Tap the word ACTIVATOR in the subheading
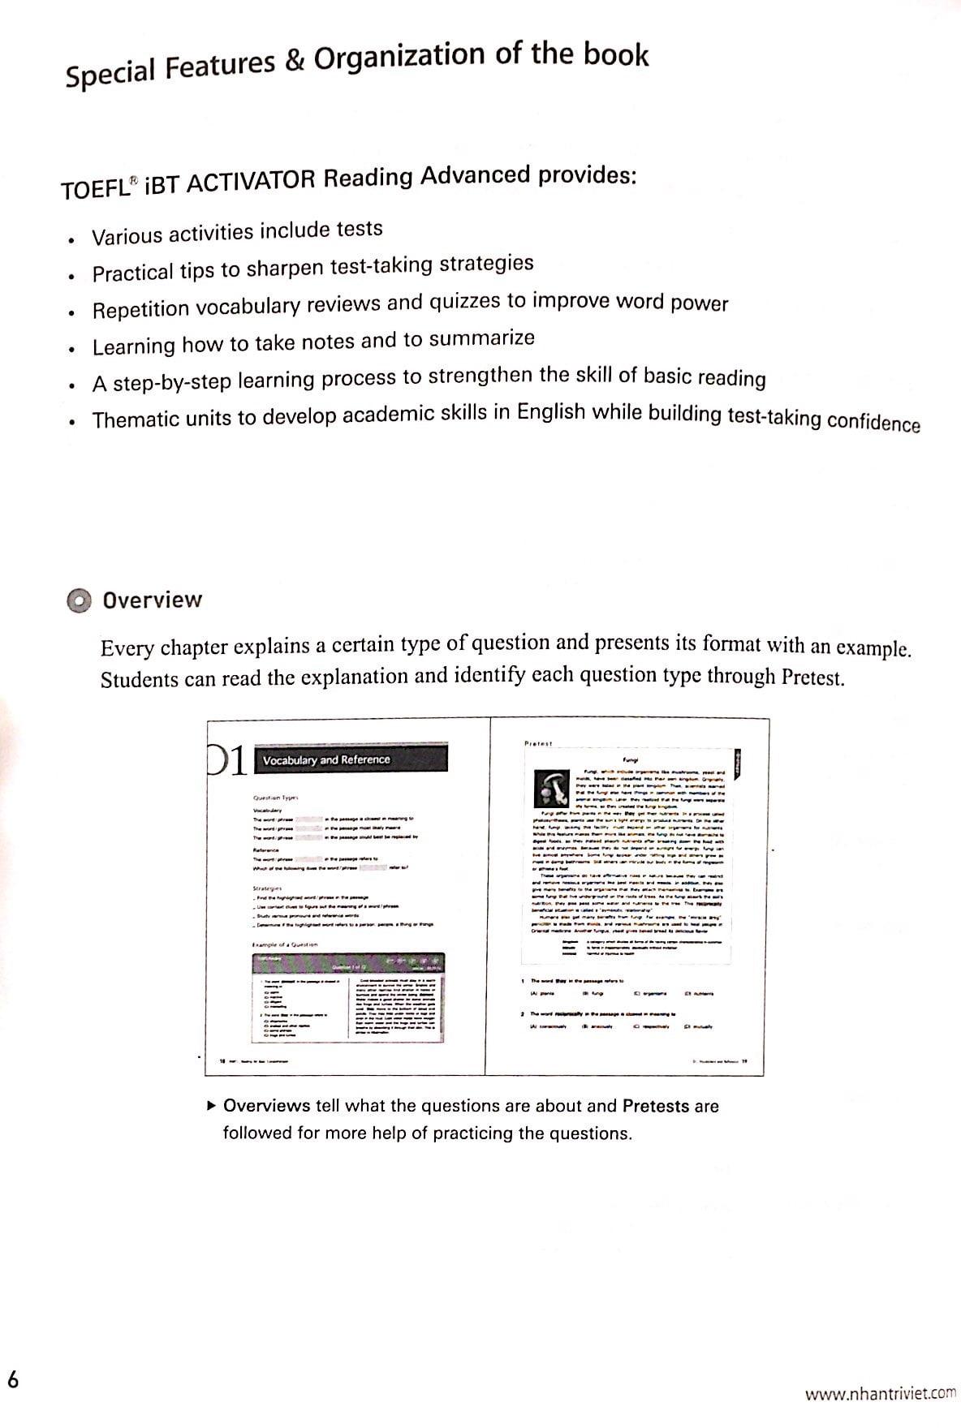tap(249, 182)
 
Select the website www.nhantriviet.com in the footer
tap(880, 1393)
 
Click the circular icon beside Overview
tap(79, 601)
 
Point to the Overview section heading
tap(152, 600)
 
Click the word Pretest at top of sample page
tap(537, 742)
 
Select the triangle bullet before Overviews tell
tap(212, 1105)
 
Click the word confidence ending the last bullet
tap(872, 423)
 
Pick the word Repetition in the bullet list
tap(140, 310)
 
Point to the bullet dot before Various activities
tap(72, 240)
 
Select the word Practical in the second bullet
tap(132, 273)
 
